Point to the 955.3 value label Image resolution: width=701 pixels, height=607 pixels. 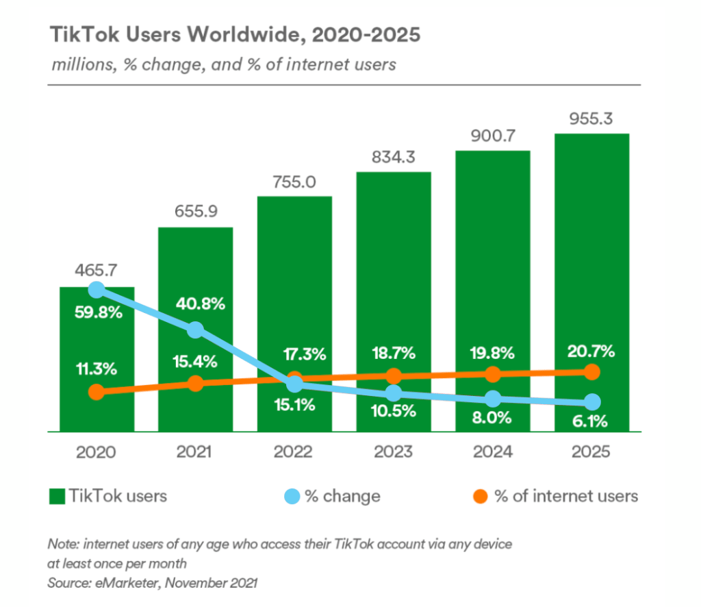[x=591, y=118]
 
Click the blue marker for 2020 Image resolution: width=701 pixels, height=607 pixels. [x=97, y=290]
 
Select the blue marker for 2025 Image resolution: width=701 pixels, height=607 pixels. [x=591, y=401]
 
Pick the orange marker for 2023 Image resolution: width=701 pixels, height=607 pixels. [x=394, y=376]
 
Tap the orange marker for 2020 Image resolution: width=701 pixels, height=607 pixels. [x=97, y=392]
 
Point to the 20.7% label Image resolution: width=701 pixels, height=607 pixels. [x=591, y=351]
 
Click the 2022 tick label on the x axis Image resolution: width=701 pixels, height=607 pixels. [x=294, y=453]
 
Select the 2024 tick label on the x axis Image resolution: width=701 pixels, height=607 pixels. [x=492, y=453]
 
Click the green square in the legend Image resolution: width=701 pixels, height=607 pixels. [x=56, y=496]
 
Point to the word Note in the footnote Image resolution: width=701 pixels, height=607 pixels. [x=60, y=544]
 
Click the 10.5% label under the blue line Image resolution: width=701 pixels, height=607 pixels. [x=393, y=411]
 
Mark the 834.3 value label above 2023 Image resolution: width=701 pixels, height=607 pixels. [x=394, y=157]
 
